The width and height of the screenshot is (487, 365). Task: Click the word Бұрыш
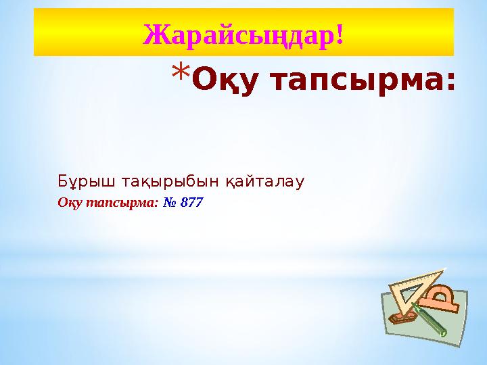click(x=78, y=182)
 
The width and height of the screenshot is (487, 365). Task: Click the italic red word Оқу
click(x=71, y=202)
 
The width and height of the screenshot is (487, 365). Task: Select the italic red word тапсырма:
click(x=126, y=202)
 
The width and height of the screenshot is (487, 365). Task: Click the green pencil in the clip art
click(x=428, y=318)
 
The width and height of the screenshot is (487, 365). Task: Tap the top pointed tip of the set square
click(x=444, y=270)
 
